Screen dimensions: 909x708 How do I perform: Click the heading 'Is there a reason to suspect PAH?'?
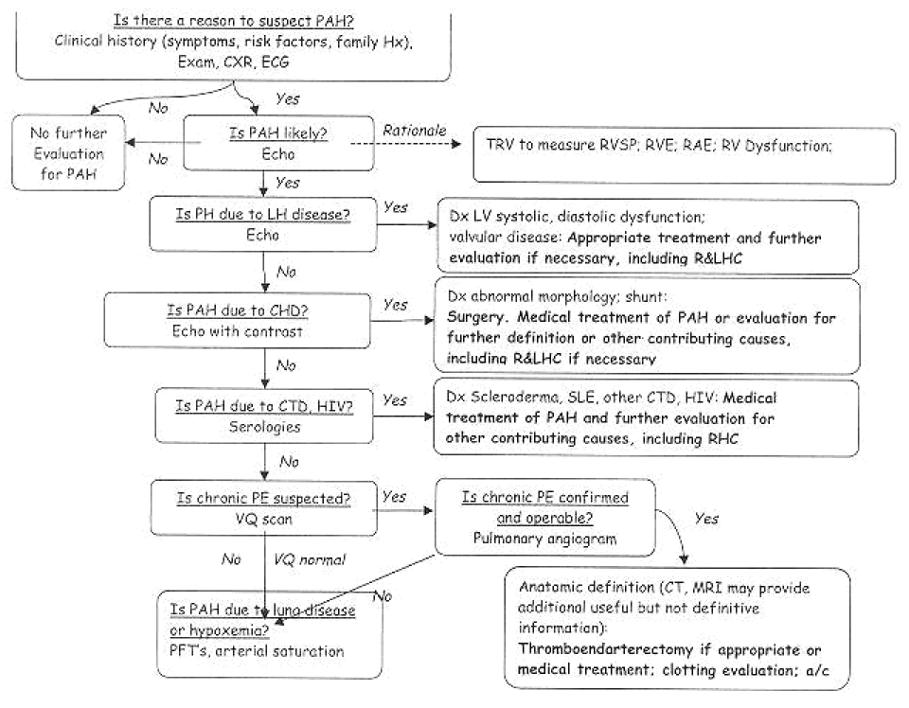point(233,20)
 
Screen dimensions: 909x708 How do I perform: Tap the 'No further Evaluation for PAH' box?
point(68,153)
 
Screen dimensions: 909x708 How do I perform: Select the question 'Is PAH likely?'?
point(278,133)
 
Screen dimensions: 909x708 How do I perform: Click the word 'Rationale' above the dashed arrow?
point(415,131)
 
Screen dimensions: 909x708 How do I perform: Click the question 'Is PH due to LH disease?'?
point(262,214)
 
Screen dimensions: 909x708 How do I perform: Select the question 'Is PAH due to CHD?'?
point(237,310)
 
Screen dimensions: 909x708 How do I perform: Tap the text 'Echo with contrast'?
point(237,331)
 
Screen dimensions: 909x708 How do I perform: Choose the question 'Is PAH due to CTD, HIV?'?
point(264,406)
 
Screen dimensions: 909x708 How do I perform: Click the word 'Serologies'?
point(264,427)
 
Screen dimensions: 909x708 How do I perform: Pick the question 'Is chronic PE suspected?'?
point(263,498)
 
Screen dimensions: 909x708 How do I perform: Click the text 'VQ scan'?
point(263,519)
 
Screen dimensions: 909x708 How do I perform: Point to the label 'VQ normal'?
point(310,559)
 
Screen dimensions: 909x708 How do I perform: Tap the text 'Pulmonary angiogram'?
point(545,539)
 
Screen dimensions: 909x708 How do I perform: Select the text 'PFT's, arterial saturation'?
point(257,650)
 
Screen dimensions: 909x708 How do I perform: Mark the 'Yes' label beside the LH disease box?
point(396,207)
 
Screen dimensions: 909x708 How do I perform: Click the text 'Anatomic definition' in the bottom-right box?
point(586,587)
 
